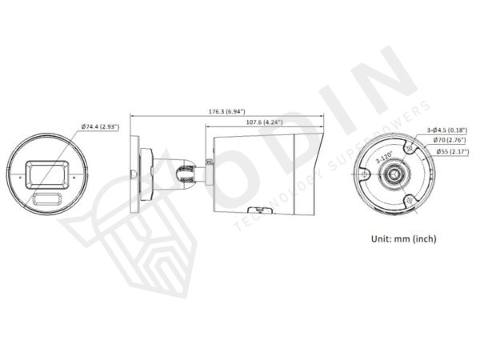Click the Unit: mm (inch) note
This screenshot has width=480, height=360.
pos(403,238)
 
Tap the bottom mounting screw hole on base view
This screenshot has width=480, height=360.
pos(409,201)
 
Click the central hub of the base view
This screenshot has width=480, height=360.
pos(394,174)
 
